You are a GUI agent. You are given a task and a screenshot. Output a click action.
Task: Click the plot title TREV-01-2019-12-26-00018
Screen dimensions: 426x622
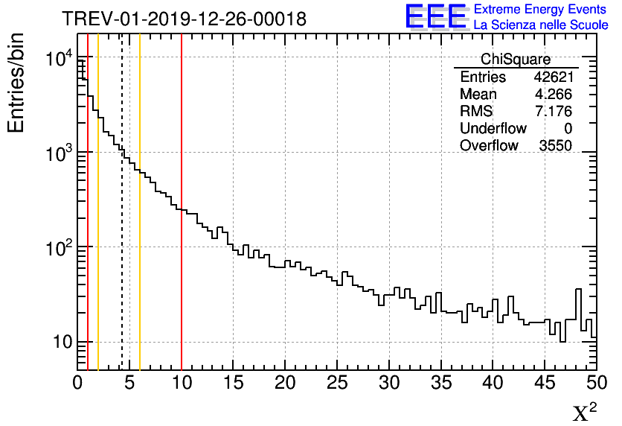[x=183, y=19]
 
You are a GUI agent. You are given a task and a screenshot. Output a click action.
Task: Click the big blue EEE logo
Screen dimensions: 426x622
[x=435, y=17]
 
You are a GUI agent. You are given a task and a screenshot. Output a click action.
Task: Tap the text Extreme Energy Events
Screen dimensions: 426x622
[x=541, y=10]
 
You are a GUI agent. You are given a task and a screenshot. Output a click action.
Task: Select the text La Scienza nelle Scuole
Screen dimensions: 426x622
[x=541, y=25]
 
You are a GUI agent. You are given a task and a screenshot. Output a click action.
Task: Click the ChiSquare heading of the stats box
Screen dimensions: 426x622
[x=516, y=60]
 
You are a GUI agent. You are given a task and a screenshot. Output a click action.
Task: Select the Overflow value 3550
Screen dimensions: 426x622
[x=555, y=145]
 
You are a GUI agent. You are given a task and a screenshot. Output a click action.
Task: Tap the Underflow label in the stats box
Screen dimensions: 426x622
[x=493, y=129]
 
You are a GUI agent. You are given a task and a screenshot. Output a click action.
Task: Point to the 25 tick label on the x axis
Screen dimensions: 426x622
[x=337, y=384]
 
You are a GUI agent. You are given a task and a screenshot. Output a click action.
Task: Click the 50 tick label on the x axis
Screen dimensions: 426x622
[x=596, y=384]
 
